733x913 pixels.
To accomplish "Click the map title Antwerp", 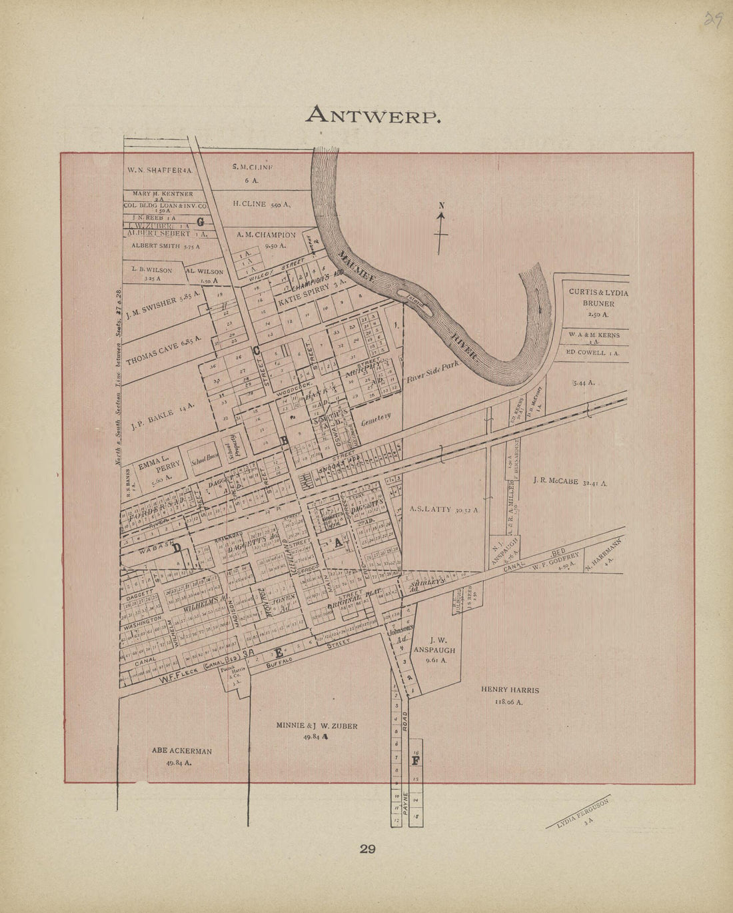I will coord(372,115).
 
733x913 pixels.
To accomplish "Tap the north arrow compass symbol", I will coord(440,229).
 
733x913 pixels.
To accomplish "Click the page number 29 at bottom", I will coord(368,849).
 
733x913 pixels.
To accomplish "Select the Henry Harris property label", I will coord(510,695).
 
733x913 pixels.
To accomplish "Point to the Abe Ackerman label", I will coord(181,756).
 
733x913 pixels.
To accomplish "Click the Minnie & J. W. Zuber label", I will coord(317,730).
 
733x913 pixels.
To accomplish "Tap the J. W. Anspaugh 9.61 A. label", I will coord(436,647).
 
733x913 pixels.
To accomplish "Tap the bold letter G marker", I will coord(200,221).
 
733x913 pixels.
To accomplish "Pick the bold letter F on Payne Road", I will coord(415,760).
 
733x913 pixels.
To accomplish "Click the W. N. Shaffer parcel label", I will coord(160,170).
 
